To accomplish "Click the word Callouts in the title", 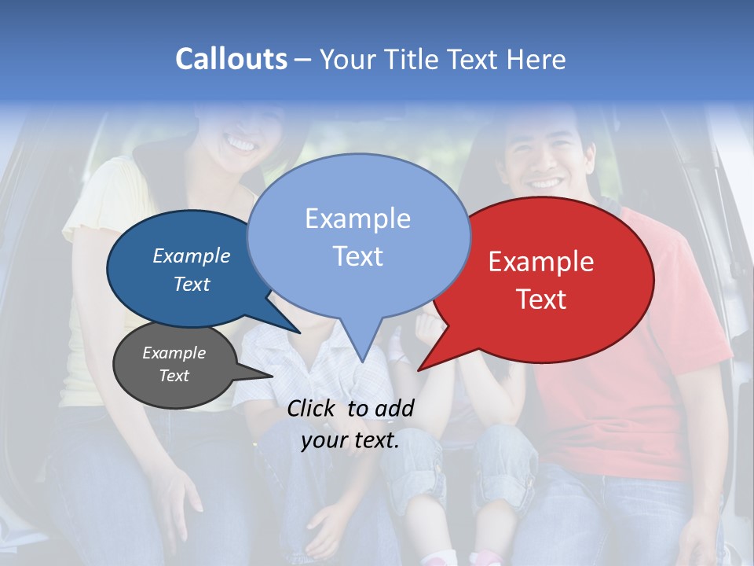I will [231, 59].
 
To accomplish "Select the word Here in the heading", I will [536, 59].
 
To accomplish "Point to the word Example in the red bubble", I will [541, 262].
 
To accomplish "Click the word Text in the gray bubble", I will [174, 376].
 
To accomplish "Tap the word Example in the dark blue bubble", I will [192, 255].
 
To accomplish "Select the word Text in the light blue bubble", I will [357, 256].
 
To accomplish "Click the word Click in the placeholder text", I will [312, 408].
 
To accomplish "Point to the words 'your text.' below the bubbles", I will [350, 440].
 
